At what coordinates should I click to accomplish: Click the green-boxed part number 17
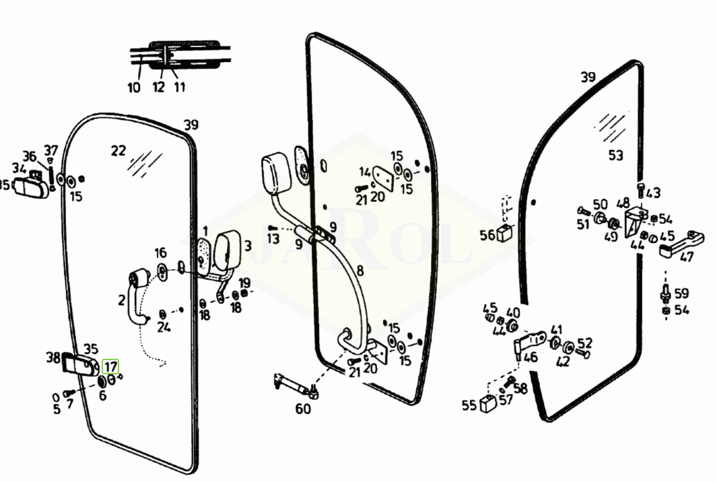(x=110, y=367)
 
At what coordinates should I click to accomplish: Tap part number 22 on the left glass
(x=118, y=150)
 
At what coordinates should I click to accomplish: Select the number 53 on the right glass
(x=616, y=156)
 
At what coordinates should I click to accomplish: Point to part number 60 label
(x=303, y=409)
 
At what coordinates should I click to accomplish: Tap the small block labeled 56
(x=504, y=234)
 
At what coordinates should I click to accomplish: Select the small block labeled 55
(x=488, y=404)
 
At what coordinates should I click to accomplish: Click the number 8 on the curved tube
(x=360, y=271)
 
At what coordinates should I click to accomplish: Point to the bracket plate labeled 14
(x=383, y=178)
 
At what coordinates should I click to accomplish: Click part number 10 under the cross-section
(x=134, y=88)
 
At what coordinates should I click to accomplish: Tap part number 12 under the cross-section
(x=158, y=87)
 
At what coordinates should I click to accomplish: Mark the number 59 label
(x=681, y=293)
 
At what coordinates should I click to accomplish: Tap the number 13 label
(x=273, y=238)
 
